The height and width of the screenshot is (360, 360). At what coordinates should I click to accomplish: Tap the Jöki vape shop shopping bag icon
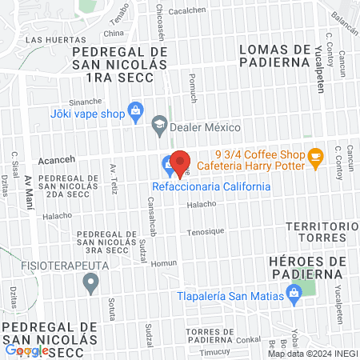point(134,109)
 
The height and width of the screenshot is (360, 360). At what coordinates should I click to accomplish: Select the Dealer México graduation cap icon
point(159,124)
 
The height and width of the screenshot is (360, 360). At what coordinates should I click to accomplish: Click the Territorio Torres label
point(322,232)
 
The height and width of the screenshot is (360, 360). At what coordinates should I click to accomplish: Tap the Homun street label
point(163,262)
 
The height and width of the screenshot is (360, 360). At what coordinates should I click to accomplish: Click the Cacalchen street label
point(189,11)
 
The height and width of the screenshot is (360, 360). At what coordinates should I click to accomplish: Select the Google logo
point(26,350)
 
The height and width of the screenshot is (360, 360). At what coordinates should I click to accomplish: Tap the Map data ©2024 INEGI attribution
point(311,354)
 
